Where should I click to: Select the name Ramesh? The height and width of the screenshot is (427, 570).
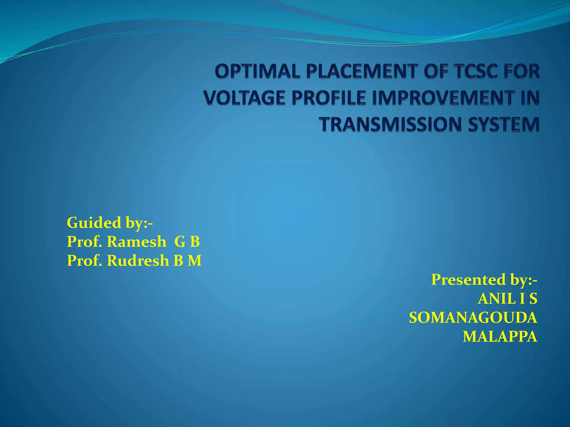(x=136, y=242)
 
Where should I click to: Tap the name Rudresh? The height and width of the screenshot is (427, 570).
(x=138, y=261)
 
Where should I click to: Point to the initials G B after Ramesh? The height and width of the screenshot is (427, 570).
(x=187, y=242)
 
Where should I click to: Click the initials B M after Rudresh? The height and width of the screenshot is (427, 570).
(x=188, y=261)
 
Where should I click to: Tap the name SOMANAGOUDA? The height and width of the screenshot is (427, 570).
(x=473, y=318)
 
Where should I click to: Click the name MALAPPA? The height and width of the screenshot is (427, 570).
(x=500, y=337)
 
